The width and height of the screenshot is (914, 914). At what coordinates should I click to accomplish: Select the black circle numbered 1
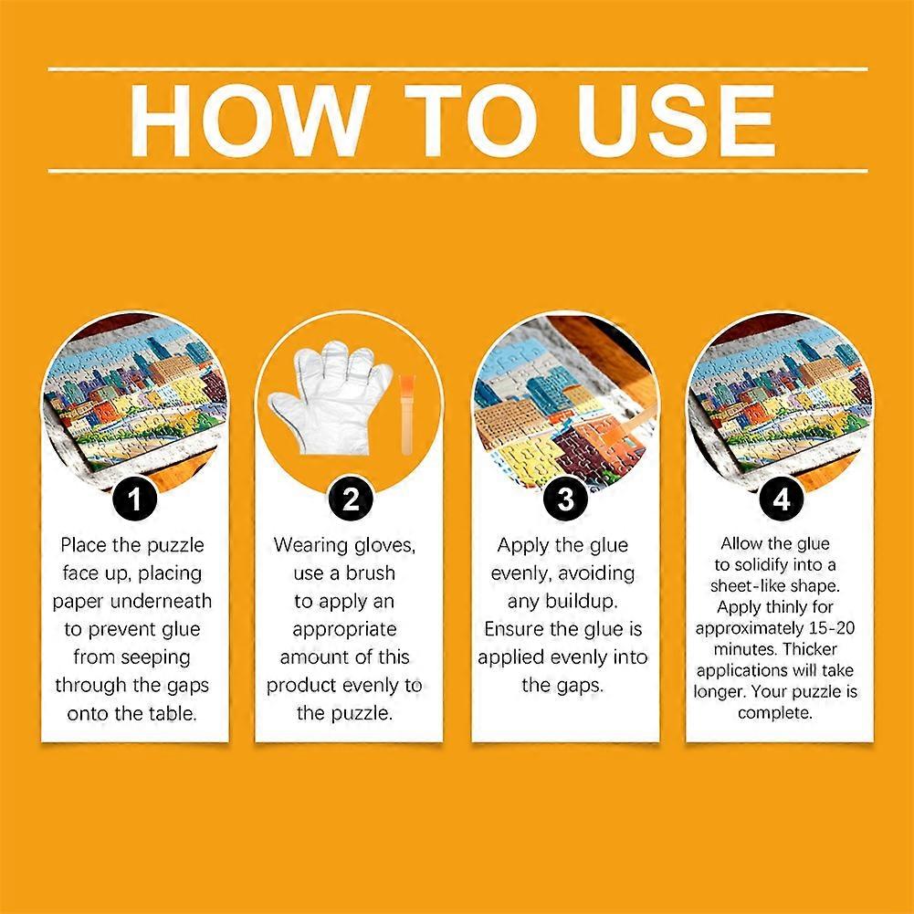tap(134, 499)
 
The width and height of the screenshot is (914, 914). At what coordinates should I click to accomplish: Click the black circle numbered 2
tap(351, 499)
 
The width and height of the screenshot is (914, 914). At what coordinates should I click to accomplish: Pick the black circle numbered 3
tap(565, 499)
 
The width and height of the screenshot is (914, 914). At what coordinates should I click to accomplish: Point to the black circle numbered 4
tap(781, 499)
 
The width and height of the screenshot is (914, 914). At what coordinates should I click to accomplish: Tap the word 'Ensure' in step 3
tap(513, 629)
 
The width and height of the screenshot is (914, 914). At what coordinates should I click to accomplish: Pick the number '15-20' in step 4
tap(832, 628)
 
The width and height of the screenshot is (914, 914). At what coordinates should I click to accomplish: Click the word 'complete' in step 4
tap(774, 713)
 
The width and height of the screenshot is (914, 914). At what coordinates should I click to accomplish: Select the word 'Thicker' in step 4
tap(810, 649)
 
